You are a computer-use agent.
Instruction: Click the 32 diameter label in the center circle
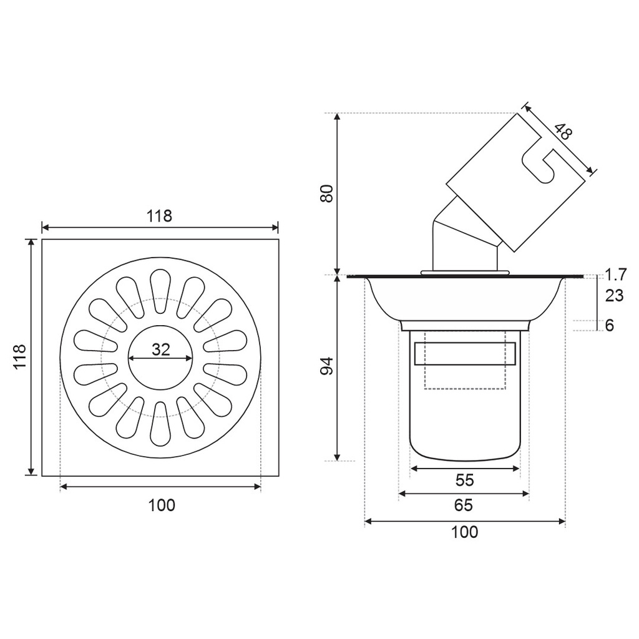coord(160,349)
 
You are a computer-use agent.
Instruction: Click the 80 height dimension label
coord(326,193)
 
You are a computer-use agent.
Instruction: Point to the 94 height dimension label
coord(326,366)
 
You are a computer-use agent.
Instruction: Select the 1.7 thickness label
coord(615,275)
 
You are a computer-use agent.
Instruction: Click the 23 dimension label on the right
coord(614,295)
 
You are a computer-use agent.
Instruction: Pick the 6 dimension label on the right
coord(609,325)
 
